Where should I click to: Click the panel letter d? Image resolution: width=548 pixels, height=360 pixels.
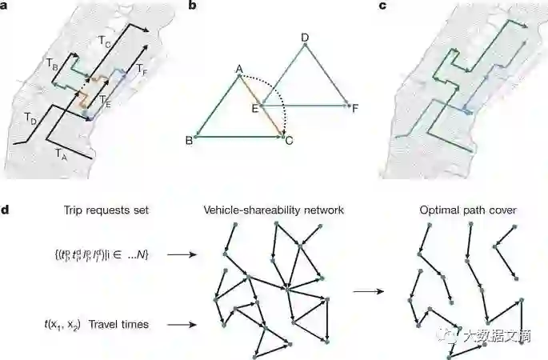coord(7,210)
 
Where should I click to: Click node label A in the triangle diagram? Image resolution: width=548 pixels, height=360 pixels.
coord(238,70)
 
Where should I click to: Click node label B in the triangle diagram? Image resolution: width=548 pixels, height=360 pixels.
coord(189,138)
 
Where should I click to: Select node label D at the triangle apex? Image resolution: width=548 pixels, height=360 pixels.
coord(304,37)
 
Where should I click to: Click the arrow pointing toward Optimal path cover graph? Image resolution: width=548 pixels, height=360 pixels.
coord(366,291)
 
